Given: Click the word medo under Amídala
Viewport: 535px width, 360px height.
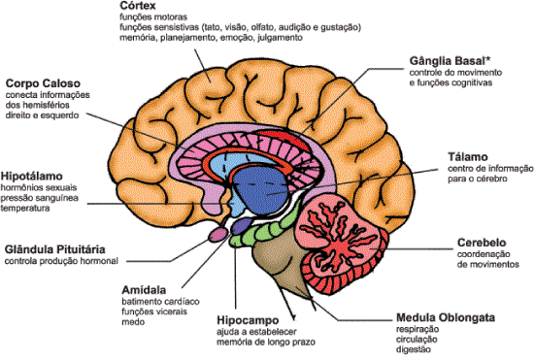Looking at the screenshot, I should click(x=132, y=324).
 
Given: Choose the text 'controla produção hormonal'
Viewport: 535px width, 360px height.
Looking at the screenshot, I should click(x=61, y=262).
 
